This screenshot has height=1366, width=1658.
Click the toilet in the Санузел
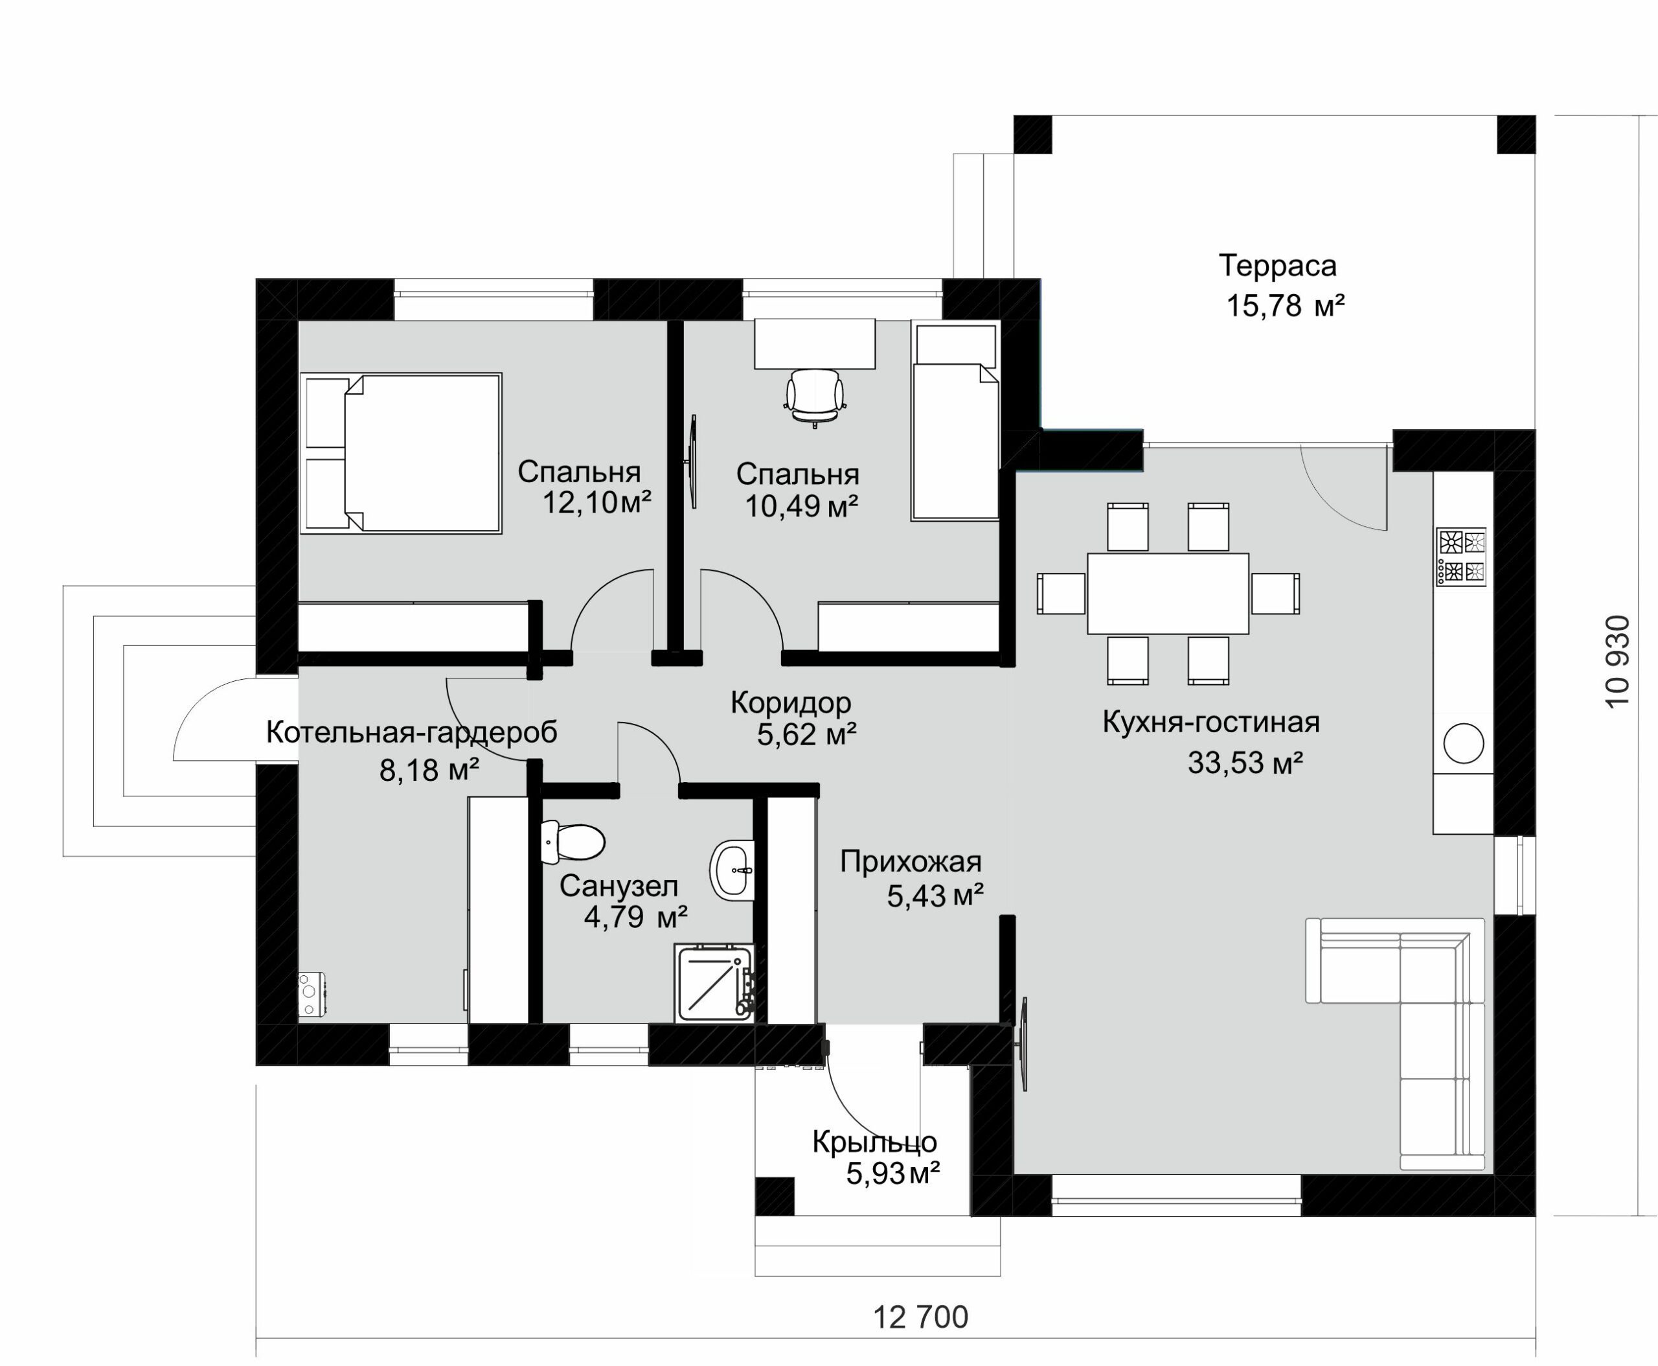(x=573, y=842)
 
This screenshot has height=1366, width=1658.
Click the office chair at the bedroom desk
(x=815, y=397)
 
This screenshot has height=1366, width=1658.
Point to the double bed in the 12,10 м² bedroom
(x=401, y=453)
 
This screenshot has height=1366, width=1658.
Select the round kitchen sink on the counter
(x=1463, y=743)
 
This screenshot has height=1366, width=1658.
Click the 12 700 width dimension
(x=921, y=1317)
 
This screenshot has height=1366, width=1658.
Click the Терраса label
(x=1277, y=266)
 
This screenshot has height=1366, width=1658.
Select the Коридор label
(x=790, y=702)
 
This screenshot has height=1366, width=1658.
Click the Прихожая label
(x=911, y=862)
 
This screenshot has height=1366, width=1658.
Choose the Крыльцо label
(x=874, y=1142)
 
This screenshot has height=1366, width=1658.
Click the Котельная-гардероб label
(x=411, y=732)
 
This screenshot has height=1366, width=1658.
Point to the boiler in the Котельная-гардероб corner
(x=312, y=995)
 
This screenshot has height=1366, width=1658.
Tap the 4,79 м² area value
(x=635, y=917)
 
